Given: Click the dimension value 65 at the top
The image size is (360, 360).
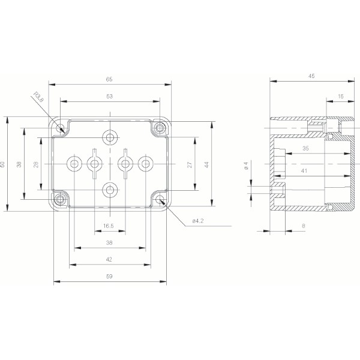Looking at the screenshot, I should tap(109, 79).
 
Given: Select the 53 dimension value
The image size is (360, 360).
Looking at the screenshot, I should tap(109, 95).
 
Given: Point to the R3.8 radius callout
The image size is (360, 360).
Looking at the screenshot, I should tap(39, 97).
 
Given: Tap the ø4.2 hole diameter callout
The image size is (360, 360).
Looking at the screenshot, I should tap(199, 221).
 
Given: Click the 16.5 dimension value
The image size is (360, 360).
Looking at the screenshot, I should tap(109, 226).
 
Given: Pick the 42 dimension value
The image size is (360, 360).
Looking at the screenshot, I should tap(109, 259).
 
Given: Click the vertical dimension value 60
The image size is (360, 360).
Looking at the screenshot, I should tap(3, 163).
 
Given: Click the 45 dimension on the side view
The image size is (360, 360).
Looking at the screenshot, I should tap(311, 76).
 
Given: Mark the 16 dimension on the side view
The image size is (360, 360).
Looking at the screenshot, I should tap(340, 96).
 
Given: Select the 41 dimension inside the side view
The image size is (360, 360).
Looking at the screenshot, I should tap(305, 172).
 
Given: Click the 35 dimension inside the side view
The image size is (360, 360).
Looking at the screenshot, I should tap(305, 148).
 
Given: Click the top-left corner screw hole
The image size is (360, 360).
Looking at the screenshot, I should tap(60, 128).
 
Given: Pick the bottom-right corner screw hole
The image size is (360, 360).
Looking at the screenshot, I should tap(160, 200).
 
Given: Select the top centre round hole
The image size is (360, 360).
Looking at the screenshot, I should tap(110, 137).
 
